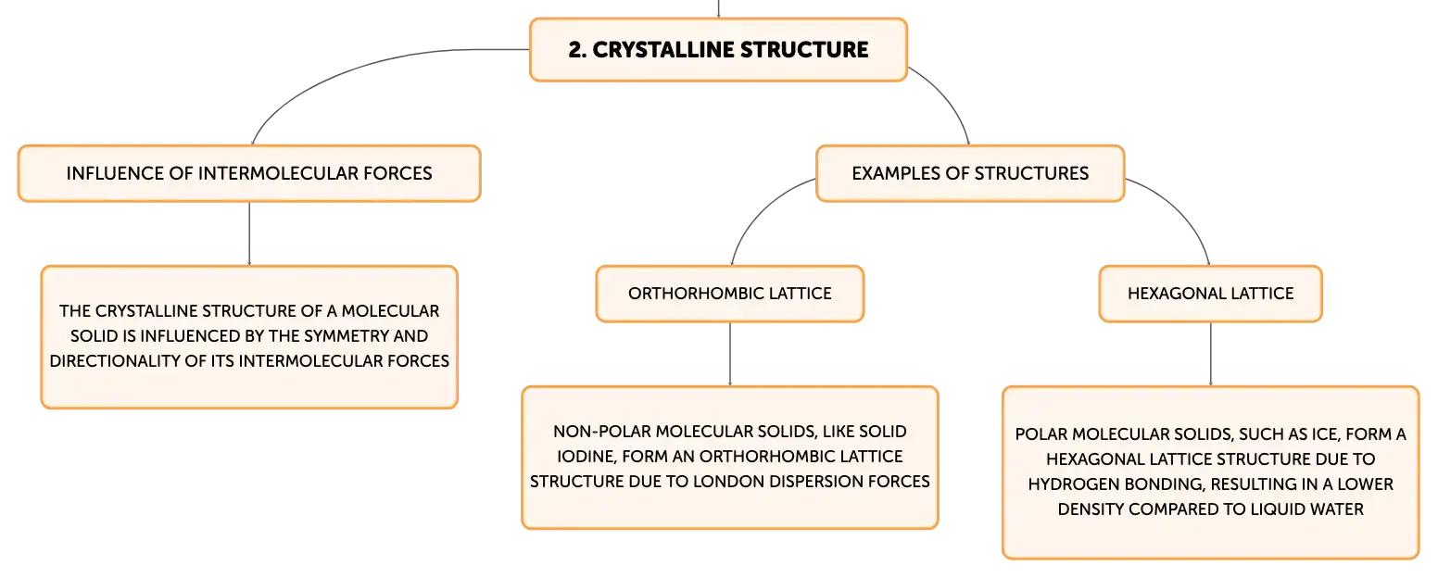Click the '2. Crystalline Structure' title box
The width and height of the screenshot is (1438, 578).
718,49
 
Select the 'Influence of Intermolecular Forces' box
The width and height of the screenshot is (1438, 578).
249,173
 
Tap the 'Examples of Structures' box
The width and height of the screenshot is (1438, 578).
970,173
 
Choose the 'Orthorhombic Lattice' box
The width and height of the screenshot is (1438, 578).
730,294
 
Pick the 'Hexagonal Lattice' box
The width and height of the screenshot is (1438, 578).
1211,294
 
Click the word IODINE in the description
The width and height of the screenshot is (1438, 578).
585,456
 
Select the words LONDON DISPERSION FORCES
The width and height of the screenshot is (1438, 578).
812,481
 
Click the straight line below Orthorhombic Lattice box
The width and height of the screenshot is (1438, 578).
730,354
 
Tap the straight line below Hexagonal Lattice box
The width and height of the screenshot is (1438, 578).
1211,354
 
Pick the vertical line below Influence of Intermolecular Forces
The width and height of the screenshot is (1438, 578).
249,233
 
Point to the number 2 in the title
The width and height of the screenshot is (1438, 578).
575,50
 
